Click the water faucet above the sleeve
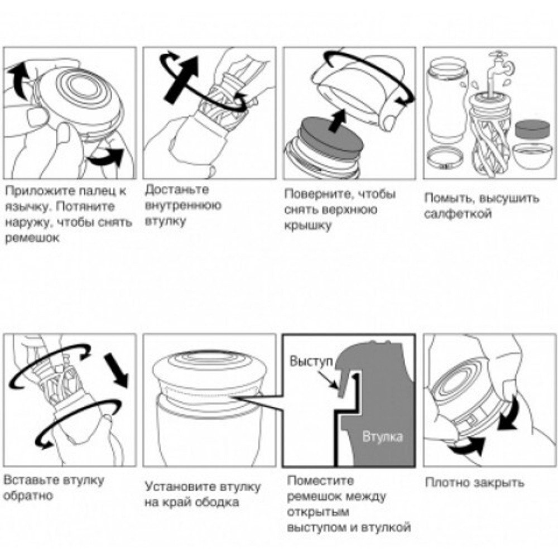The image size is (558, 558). coord(500,71)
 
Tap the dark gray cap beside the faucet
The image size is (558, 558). coord(532,129)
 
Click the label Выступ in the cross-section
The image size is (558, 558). coord(311,361)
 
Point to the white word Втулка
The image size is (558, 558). coord(382,437)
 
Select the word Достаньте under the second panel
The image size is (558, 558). coord(177,189)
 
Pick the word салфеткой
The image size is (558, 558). coord(458,214)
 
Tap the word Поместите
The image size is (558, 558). coord(321,480)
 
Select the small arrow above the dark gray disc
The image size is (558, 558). coord(338,121)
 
